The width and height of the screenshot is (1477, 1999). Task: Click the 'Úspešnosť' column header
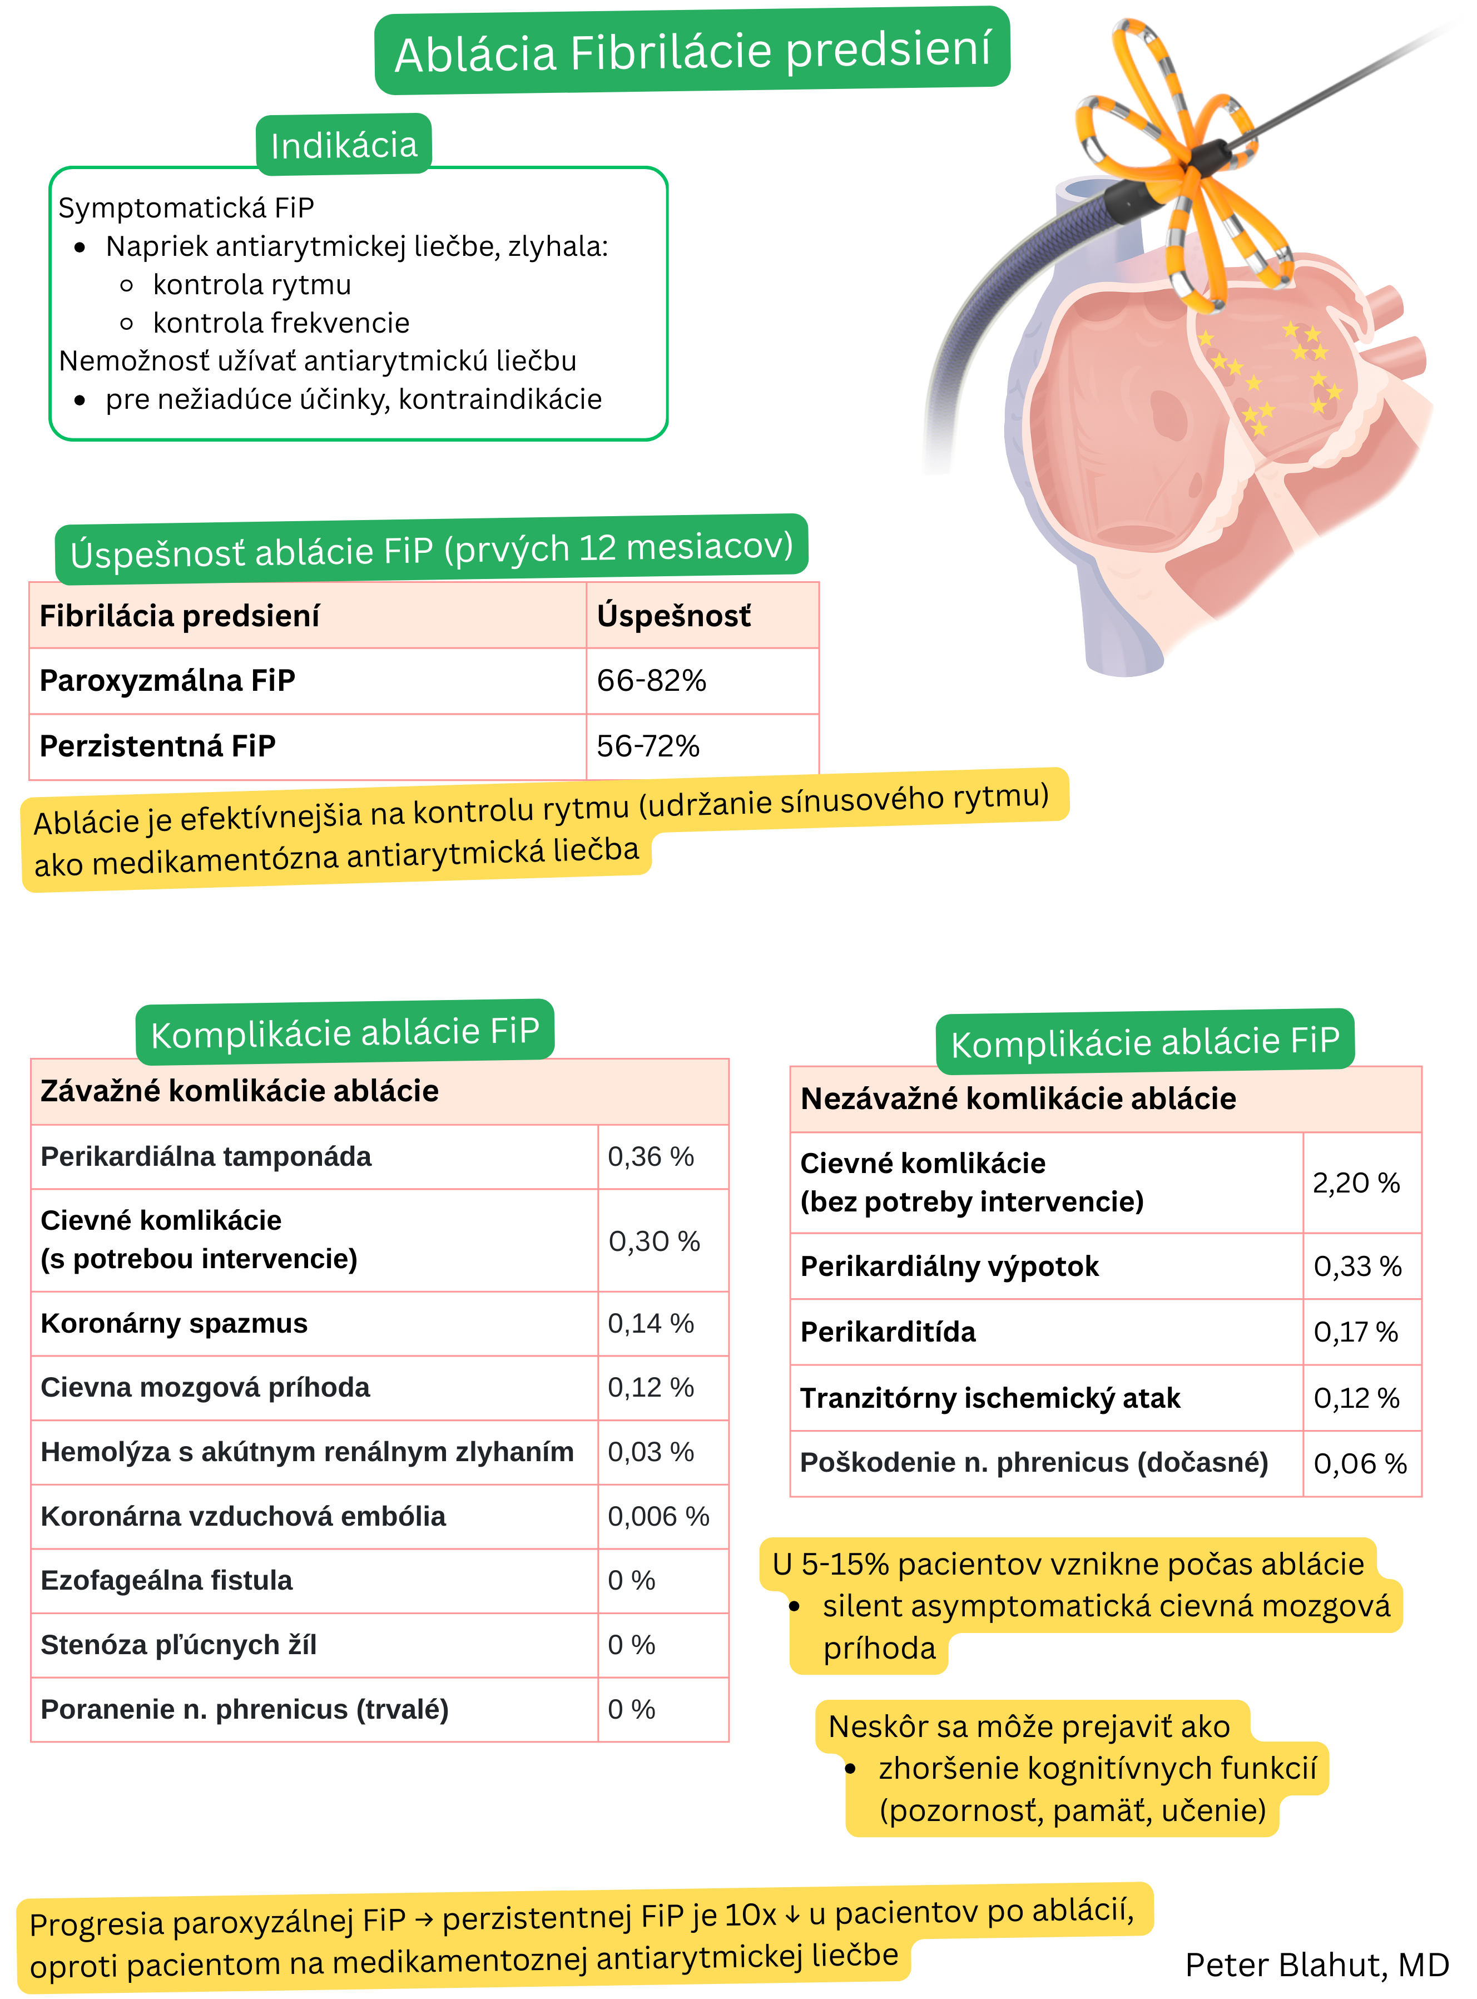point(673,616)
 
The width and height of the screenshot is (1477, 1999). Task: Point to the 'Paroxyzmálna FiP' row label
point(167,681)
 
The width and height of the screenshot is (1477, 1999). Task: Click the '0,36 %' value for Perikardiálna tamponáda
point(650,1157)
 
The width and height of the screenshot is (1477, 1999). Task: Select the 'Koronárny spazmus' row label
point(175,1323)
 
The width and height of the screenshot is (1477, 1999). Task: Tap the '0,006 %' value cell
point(658,1516)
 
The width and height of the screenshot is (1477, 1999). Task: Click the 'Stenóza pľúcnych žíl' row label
point(179,1645)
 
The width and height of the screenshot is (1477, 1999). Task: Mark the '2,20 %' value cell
point(1355,1183)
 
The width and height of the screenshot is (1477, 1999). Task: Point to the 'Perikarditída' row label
point(888,1332)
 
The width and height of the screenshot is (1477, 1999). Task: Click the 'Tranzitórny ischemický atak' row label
point(990,1398)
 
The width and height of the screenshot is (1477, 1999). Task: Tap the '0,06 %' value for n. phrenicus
point(1359,1463)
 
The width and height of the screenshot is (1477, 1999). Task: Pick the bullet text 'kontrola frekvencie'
point(281,323)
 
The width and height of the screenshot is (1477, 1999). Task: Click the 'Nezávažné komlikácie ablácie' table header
point(1018,1099)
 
